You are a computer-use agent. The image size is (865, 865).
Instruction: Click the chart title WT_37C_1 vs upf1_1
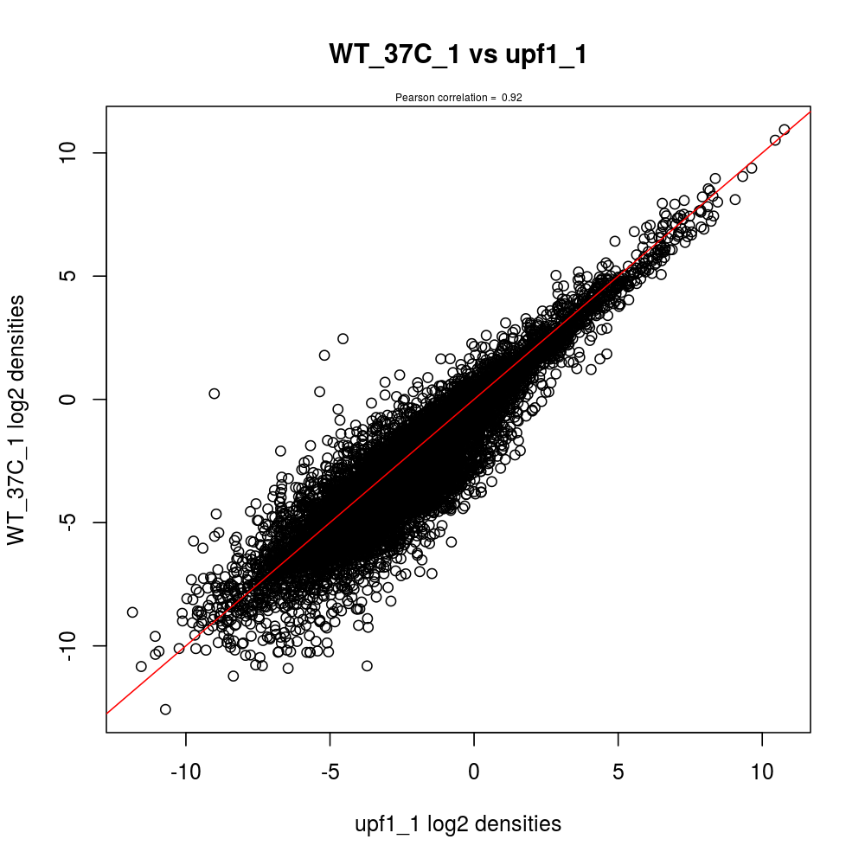pyautogui.click(x=458, y=54)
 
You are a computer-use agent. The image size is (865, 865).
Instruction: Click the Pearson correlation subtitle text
pyautogui.click(x=458, y=98)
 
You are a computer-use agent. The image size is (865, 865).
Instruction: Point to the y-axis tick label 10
pyautogui.click(x=73, y=152)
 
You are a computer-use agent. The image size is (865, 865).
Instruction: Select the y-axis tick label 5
pyautogui.click(x=73, y=276)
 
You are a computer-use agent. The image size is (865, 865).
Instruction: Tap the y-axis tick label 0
pyautogui.click(x=73, y=400)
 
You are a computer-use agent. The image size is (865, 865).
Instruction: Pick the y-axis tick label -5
pyautogui.click(x=73, y=522)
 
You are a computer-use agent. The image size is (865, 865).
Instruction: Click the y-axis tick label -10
pyautogui.click(x=73, y=646)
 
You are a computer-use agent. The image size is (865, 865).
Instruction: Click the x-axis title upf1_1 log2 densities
pyautogui.click(x=458, y=824)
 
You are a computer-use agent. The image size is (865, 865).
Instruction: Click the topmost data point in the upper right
pyautogui.click(x=785, y=130)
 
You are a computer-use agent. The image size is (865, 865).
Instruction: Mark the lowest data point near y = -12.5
pyautogui.click(x=165, y=709)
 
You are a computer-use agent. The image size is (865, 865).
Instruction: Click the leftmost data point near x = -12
pyautogui.click(x=132, y=612)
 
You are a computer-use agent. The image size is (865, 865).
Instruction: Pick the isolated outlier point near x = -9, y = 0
pyautogui.click(x=215, y=394)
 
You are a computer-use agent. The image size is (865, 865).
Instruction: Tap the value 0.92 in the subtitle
pyautogui.click(x=511, y=98)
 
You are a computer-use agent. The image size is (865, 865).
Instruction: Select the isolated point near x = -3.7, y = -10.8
pyautogui.click(x=367, y=665)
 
